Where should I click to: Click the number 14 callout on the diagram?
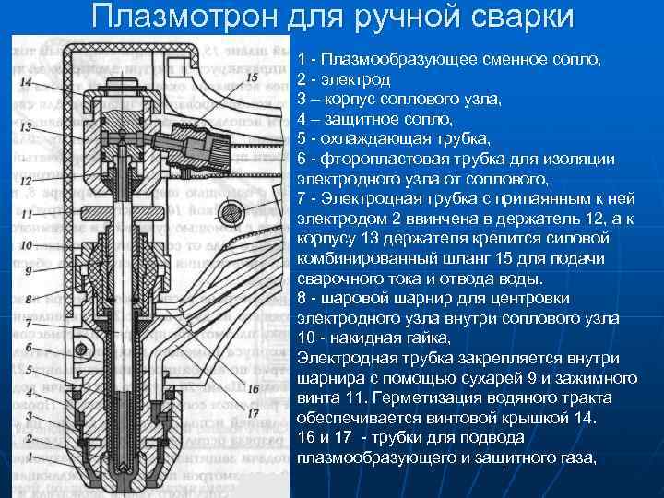click(x=26, y=83)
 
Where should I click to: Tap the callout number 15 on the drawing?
click(x=252, y=78)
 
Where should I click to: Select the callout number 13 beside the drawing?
click(x=26, y=126)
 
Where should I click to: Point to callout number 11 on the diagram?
click(x=26, y=213)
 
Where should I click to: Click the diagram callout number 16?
click(x=253, y=389)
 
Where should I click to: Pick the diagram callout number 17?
click(x=253, y=413)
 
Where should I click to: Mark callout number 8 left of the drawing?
click(x=28, y=300)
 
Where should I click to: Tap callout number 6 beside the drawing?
click(x=28, y=348)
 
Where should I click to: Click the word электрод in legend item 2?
click(x=354, y=80)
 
